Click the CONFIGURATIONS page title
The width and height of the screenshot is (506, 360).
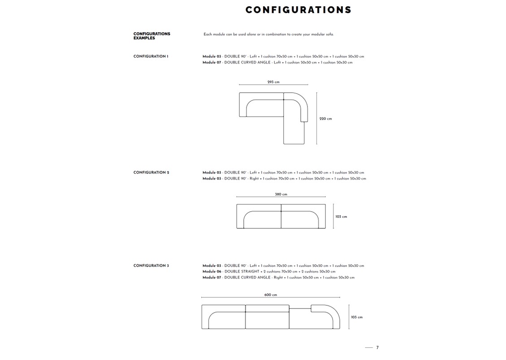pyautogui.click(x=298, y=10)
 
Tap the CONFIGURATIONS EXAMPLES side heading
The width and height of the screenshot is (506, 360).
pyautogui.click(x=151, y=36)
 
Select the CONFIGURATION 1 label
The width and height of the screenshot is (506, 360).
pyautogui.click(x=151, y=56)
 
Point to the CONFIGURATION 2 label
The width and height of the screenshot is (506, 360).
pyautogui.click(x=151, y=173)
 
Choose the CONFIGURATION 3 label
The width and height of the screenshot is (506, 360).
pyautogui.click(x=151, y=266)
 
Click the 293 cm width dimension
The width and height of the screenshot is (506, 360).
pyautogui.click(x=273, y=82)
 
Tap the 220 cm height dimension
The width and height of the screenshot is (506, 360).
pyautogui.click(x=325, y=119)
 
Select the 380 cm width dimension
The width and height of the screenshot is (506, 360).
pyautogui.click(x=281, y=195)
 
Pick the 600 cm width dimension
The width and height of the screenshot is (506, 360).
pyautogui.click(x=271, y=295)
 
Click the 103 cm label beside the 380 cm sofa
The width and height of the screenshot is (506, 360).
pyautogui.click(x=341, y=217)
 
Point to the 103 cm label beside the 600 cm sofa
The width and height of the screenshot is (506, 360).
pyautogui.click(x=357, y=317)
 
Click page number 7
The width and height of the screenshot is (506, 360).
pyautogui.click(x=377, y=347)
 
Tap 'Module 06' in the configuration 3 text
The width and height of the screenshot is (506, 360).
pyautogui.click(x=212, y=272)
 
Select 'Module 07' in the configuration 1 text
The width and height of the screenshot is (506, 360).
pyautogui.click(x=212, y=62)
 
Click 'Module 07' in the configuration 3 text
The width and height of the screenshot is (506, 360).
pyautogui.click(x=212, y=278)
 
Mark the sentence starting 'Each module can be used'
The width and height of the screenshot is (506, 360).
pyautogui.click(x=268, y=35)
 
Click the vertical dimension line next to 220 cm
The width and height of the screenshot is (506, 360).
pyautogui.click(x=317, y=118)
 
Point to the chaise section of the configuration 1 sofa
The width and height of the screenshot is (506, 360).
pyautogui.click(x=294, y=132)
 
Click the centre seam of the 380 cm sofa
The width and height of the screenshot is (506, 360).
pyautogui.click(x=281, y=216)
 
